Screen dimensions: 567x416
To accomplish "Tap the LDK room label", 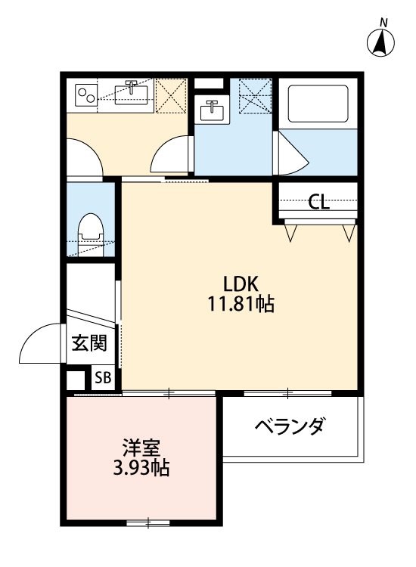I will pos(241,283).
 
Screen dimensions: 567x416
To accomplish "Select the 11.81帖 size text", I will pos(241,305).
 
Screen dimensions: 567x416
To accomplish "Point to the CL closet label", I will pos(318,202).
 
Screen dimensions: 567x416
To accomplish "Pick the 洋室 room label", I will pos(141,448).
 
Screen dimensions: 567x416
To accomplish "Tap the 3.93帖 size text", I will pos(141,468).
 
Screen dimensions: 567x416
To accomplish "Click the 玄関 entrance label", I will pos(89,344).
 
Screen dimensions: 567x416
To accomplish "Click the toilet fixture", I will pos(91,231).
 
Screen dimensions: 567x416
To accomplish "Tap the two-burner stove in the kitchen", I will pos(86,94).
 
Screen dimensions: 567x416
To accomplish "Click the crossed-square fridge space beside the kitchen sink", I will pos(173,95).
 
